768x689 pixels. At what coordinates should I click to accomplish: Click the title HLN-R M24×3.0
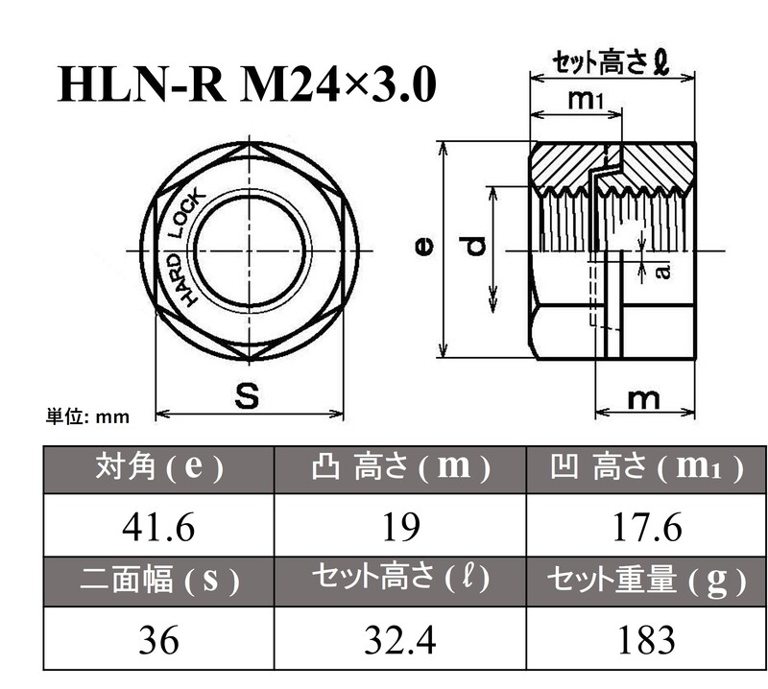pyautogui.click(x=247, y=85)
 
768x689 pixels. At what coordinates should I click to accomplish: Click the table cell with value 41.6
pyautogui.click(x=158, y=526)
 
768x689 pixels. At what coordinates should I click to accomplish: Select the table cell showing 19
pyautogui.click(x=399, y=526)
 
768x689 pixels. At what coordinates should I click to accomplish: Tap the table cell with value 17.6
pyautogui.click(x=644, y=526)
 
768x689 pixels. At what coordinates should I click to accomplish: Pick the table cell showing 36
pyautogui.click(x=158, y=638)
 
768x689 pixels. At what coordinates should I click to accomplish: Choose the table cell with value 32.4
pyautogui.click(x=399, y=638)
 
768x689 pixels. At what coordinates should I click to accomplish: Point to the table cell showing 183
pyautogui.click(x=644, y=638)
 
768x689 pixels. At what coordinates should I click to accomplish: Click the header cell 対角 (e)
pyautogui.click(x=158, y=469)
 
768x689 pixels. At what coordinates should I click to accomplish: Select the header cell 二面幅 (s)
pyautogui.click(x=158, y=580)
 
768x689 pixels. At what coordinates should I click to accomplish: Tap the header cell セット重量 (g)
pyautogui.click(x=644, y=580)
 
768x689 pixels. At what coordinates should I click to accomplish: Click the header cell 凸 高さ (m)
pyautogui.click(x=399, y=469)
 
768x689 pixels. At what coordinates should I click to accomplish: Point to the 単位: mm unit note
pyautogui.click(x=87, y=416)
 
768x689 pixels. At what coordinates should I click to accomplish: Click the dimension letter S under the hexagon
pyautogui.click(x=247, y=398)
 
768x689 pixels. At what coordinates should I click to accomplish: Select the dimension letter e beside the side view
pyautogui.click(x=423, y=248)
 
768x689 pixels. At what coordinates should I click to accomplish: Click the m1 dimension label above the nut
pyautogui.click(x=585, y=98)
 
